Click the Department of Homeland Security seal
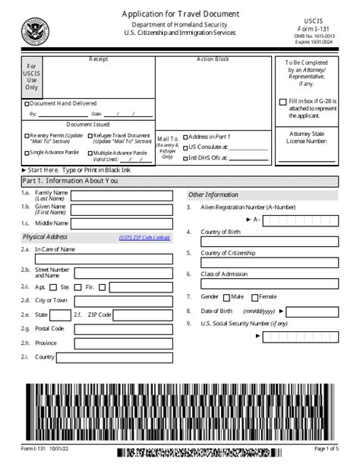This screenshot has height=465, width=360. click(x=33, y=31)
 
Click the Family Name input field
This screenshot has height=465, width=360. click(x=122, y=195)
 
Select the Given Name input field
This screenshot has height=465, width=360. click(x=122, y=209)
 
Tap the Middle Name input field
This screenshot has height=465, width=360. click(x=122, y=223)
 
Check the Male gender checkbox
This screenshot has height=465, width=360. click(x=226, y=297)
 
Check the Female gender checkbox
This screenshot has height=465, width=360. click(x=254, y=297)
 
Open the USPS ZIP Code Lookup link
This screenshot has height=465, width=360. click(x=144, y=237)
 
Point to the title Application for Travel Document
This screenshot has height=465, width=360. click(x=180, y=14)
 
